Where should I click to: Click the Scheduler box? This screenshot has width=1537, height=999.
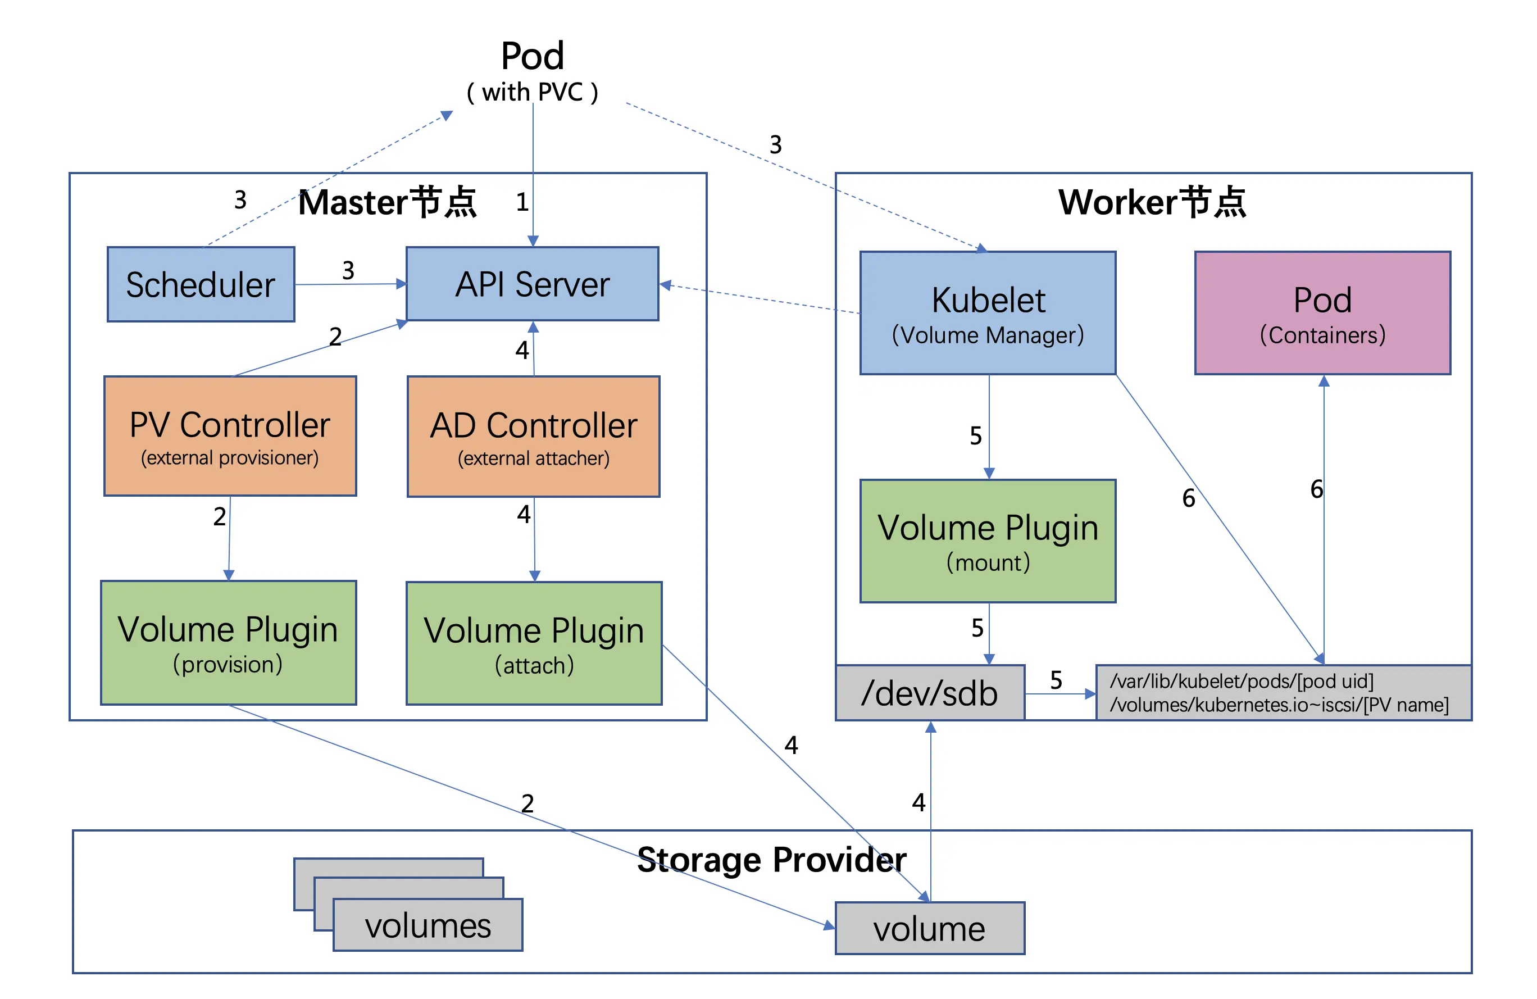click(201, 284)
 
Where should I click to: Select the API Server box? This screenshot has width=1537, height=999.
click(532, 284)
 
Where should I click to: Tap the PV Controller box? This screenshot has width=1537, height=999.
click(230, 436)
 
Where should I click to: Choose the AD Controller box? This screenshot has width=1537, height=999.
click(534, 437)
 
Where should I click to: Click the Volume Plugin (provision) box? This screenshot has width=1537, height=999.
click(228, 643)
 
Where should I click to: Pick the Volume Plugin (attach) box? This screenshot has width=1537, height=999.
click(534, 643)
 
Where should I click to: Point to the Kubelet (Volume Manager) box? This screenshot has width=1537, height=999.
click(988, 313)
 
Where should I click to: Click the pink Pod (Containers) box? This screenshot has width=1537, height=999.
click(1322, 313)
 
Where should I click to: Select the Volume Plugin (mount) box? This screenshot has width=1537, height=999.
click(988, 541)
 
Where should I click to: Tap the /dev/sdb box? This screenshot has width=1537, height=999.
click(930, 693)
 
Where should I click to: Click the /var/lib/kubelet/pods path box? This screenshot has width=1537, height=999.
click(1283, 693)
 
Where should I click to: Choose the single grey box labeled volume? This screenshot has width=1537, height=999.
click(930, 929)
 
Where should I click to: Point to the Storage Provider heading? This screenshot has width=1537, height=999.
click(772, 860)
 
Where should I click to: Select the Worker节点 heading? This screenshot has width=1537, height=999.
click(1152, 202)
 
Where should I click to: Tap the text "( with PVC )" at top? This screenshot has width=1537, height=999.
click(533, 92)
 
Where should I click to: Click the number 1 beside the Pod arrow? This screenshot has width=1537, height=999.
click(522, 203)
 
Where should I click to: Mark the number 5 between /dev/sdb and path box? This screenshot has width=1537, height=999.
click(1056, 680)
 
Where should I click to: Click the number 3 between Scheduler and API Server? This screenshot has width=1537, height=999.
click(348, 270)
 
